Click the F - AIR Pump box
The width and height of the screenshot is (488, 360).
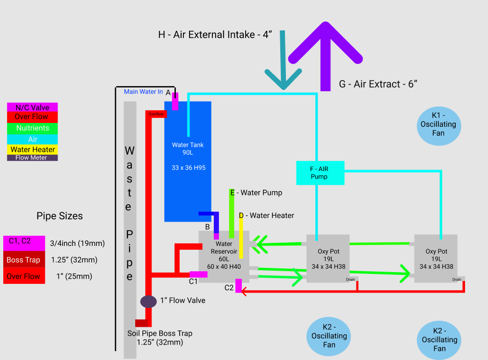320,173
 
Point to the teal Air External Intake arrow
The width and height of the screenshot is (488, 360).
283,65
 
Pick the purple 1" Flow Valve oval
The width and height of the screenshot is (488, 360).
148,302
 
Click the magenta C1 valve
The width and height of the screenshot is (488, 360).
198,274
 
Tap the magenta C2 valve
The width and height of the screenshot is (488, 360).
238,286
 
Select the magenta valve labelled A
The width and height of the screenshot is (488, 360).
175,101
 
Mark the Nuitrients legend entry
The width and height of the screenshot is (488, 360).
32,128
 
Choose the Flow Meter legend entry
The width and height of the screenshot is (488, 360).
32,158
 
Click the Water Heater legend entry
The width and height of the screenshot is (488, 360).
32,150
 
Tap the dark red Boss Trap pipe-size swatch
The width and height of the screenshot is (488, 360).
23,260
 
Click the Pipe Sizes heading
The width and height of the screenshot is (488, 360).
59,216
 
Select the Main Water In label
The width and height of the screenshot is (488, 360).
143,92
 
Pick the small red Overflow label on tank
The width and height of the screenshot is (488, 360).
156,114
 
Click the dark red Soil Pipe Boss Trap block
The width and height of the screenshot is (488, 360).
141,323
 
